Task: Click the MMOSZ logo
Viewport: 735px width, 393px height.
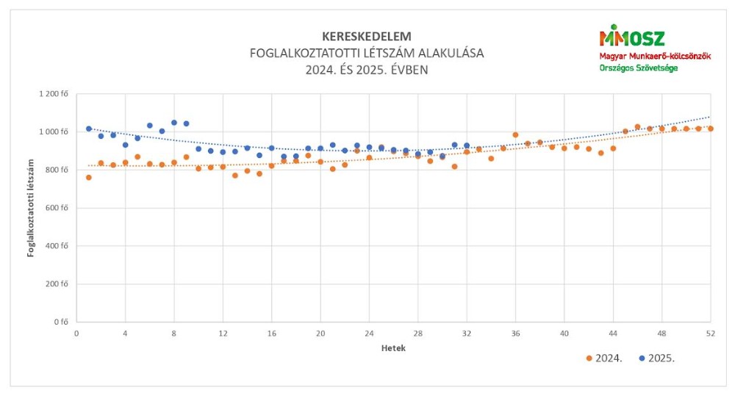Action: (x=631, y=37)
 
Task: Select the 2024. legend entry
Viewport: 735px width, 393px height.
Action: (x=604, y=358)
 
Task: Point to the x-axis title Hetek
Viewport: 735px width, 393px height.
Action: (x=393, y=348)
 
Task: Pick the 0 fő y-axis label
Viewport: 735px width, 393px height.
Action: (x=62, y=322)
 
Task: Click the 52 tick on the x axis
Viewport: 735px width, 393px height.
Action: (x=710, y=333)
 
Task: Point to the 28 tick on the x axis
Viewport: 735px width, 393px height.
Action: (x=417, y=333)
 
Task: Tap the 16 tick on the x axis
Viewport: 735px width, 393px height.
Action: (x=271, y=333)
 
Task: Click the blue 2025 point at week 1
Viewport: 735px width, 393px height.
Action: (x=89, y=129)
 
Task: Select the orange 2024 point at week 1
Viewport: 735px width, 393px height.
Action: (x=89, y=178)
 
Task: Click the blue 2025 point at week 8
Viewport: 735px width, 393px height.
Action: (x=174, y=123)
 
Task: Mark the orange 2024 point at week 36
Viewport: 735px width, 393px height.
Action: (x=515, y=135)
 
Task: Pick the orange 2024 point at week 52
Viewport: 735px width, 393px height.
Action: (x=710, y=129)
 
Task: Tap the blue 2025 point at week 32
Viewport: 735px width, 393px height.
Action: (x=467, y=145)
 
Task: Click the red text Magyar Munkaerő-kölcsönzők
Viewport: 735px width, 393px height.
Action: (x=655, y=56)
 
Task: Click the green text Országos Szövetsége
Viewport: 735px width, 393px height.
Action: (x=638, y=68)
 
